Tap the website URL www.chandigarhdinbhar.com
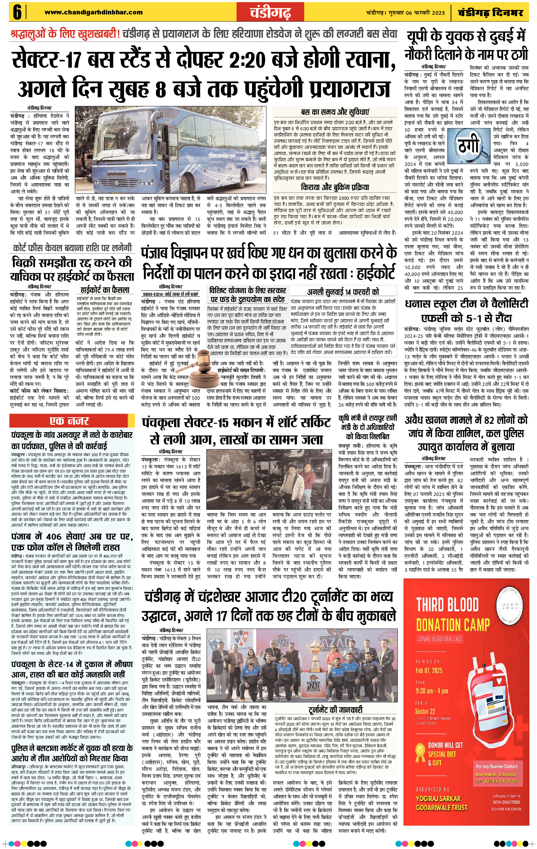[x=94, y=12]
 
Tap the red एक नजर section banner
[x=72, y=421]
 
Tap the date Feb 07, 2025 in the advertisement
[x=429, y=670]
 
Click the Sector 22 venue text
[x=425, y=711]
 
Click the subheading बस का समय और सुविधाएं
[x=335, y=112]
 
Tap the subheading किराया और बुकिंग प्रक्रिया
[x=335, y=187]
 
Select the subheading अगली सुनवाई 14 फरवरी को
[x=343, y=291]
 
